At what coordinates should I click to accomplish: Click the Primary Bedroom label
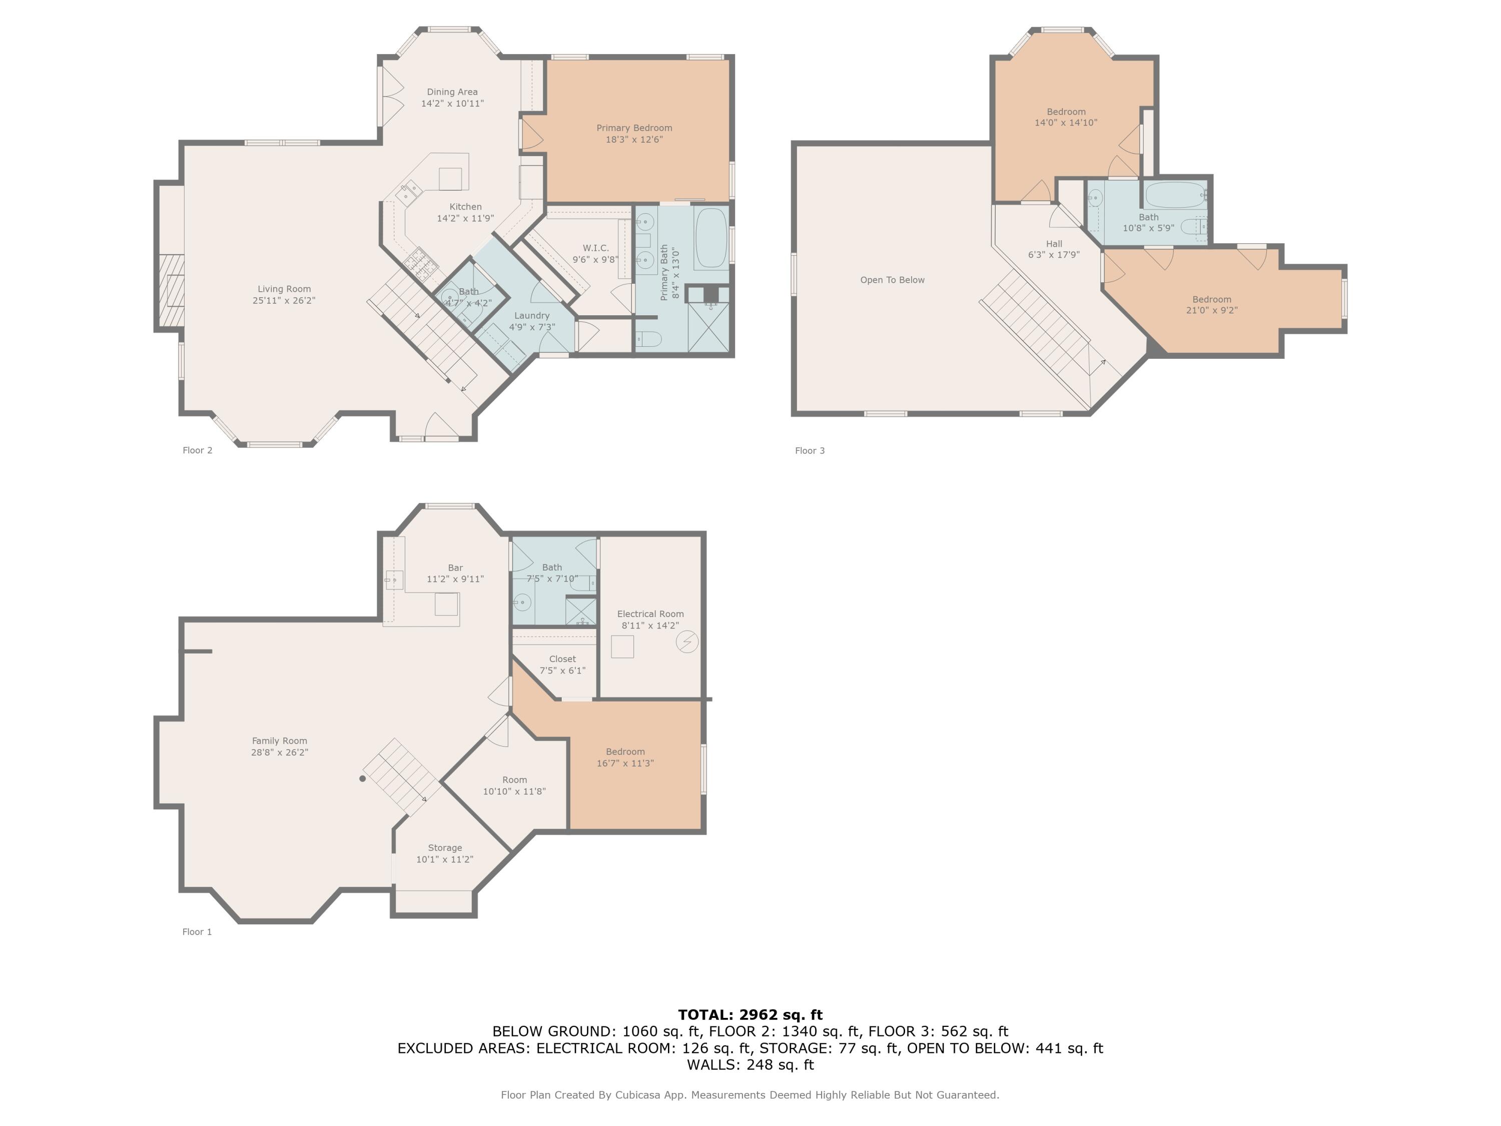click(634, 128)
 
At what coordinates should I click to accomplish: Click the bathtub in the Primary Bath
click(711, 238)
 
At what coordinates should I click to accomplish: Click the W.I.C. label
click(595, 248)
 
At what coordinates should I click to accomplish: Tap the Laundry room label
click(532, 316)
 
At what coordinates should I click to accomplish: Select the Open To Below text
click(892, 280)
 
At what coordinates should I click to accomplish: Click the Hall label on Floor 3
click(1054, 244)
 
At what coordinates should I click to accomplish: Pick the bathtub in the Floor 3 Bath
click(1175, 195)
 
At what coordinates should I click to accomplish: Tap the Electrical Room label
click(650, 614)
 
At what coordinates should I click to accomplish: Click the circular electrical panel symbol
click(687, 642)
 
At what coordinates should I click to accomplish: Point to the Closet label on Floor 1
click(562, 659)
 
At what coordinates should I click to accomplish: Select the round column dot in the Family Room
click(362, 779)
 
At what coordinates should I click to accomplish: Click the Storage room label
click(445, 848)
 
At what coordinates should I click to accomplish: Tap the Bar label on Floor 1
click(455, 568)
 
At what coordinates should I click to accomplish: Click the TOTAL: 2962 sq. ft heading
click(750, 1015)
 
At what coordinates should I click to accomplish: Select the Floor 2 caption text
click(198, 450)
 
